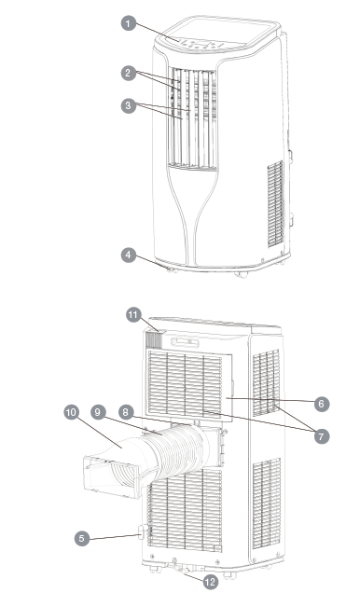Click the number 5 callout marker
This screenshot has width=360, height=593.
tap(83, 537)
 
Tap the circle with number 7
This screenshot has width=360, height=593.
tap(321, 435)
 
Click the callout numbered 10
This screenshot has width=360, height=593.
tap(71, 410)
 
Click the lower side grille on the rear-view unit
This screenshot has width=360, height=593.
tap(266, 508)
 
